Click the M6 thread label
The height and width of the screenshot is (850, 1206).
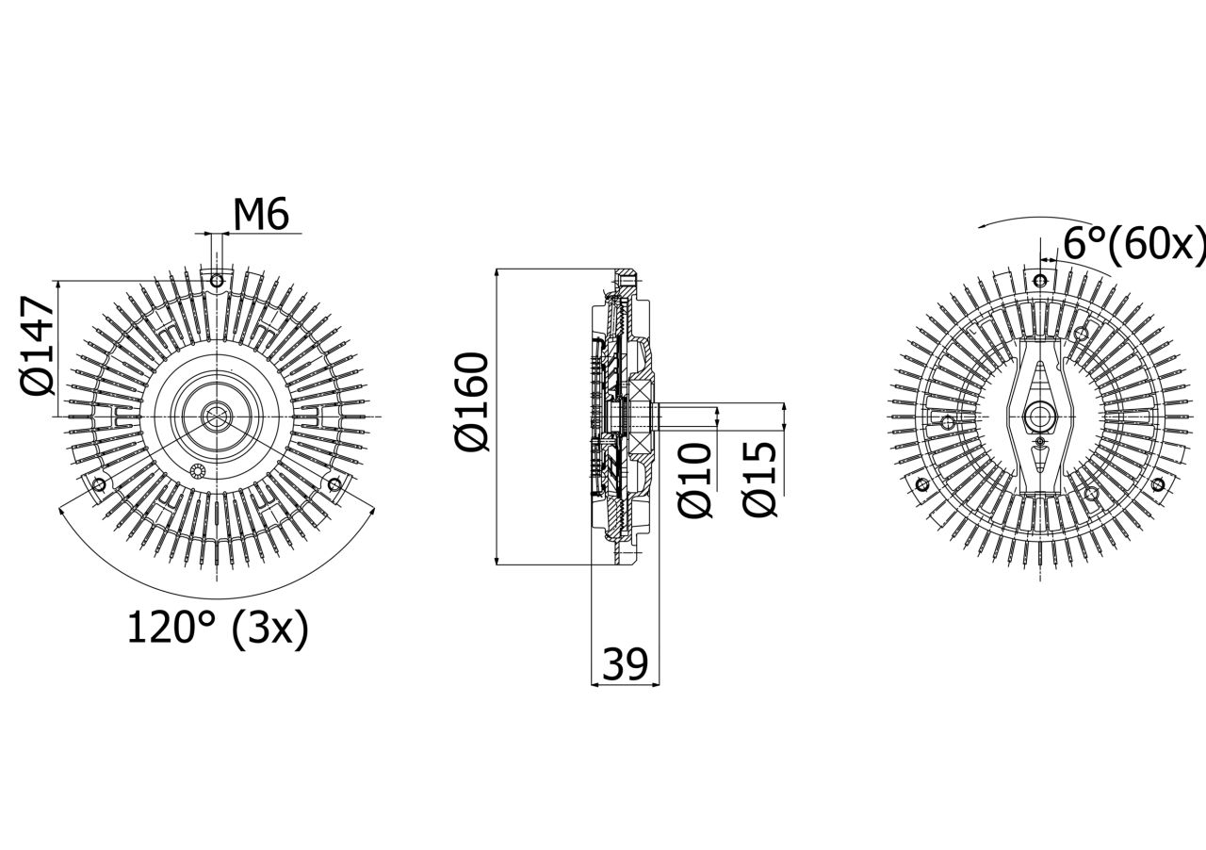click(x=260, y=215)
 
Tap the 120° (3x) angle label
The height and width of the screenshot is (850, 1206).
click(x=218, y=629)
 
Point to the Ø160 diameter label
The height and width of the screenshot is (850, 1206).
click(x=473, y=401)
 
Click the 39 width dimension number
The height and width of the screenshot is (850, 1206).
click(x=625, y=665)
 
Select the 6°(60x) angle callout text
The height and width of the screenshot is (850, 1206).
click(x=1133, y=245)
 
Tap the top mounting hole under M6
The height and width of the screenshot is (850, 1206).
click(x=217, y=280)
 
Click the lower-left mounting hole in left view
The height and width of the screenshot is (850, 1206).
click(x=98, y=484)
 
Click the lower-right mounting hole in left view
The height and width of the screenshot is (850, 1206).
click(x=334, y=484)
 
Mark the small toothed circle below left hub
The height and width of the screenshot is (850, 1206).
click(x=197, y=471)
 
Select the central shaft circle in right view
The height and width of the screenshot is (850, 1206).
click(x=1039, y=415)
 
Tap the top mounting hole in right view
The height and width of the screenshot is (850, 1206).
click(x=1039, y=280)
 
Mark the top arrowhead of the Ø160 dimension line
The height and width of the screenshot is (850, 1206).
click(x=497, y=273)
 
